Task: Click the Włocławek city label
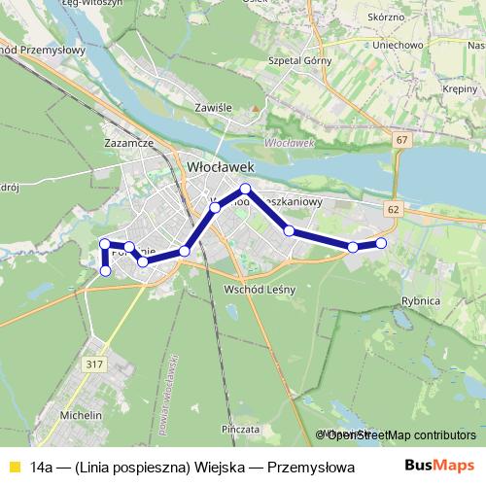tap(220, 168)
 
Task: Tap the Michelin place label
tap(82, 415)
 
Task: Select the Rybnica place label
tap(420, 301)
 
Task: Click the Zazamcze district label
tap(129, 143)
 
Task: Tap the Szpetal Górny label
tap(293, 60)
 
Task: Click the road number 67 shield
tap(401, 141)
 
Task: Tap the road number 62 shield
tap(392, 209)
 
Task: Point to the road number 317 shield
tap(93, 364)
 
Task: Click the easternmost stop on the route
tap(381, 243)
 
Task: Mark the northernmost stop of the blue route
tap(246, 188)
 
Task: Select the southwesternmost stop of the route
tap(105, 270)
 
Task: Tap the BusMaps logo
tap(439, 467)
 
